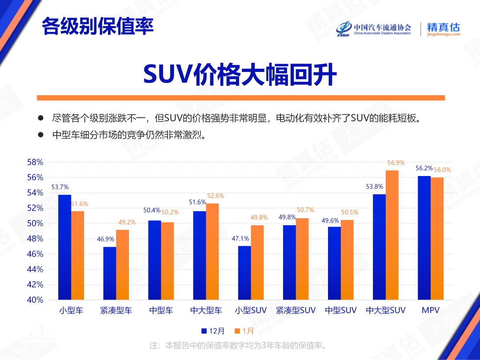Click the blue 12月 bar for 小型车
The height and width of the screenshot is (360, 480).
(65, 247)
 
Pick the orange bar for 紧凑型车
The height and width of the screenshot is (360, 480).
(123, 264)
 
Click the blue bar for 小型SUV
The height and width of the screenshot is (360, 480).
(244, 272)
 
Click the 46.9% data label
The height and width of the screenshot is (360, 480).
(106, 239)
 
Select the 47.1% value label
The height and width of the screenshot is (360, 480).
(240, 238)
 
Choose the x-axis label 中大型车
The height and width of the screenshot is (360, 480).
(206, 311)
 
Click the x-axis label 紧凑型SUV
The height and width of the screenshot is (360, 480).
(296, 311)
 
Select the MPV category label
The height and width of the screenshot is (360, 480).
(430, 311)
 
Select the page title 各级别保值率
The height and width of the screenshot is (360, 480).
(98, 27)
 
